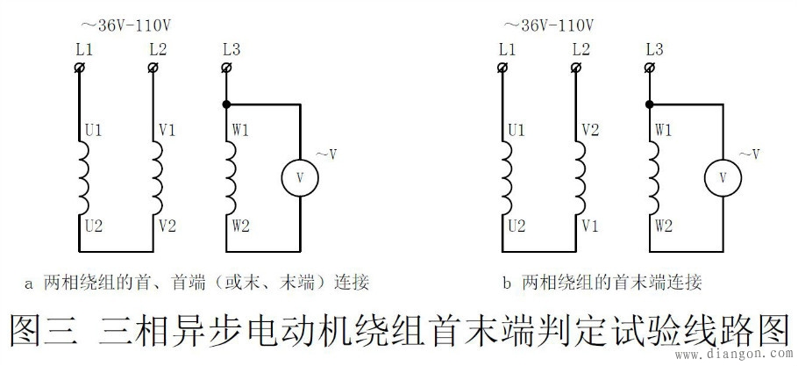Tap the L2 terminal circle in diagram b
coord(576,67)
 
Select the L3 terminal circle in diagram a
coord(227,67)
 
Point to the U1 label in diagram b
coord(517,132)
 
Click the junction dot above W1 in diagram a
coord(227,104)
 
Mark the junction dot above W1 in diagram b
coord(650,104)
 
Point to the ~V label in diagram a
coord(326,155)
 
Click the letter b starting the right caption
coord(507,283)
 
